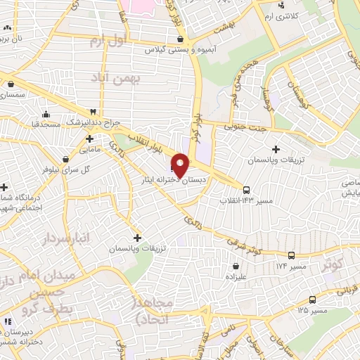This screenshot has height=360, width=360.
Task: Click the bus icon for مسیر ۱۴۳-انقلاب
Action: pyautogui.click(x=246, y=189)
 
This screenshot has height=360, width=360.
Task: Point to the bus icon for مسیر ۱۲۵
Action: pyautogui.click(x=311, y=298)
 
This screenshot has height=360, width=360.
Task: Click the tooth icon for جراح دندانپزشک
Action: pyautogui.click(x=91, y=111)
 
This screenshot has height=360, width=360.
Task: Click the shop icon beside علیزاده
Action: pyautogui.click(x=235, y=266)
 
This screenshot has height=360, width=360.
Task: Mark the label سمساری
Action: pyautogui.click(x=13, y=94)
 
